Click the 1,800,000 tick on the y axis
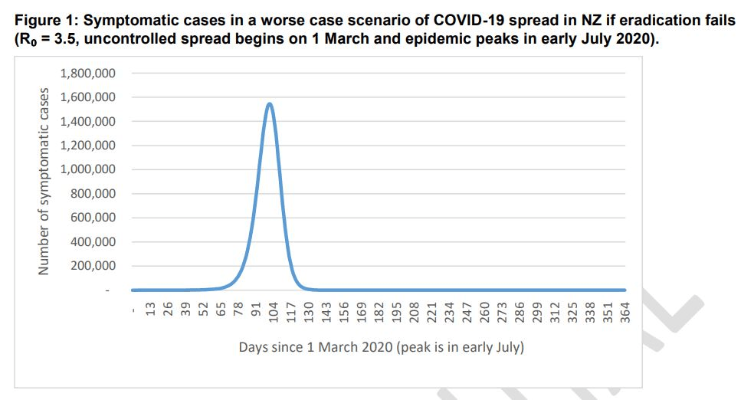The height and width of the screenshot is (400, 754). click(x=87, y=74)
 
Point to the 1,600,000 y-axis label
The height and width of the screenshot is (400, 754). click(x=87, y=97)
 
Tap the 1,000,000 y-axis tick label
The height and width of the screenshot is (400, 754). click(x=87, y=169)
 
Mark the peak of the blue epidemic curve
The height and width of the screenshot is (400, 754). click(x=269, y=103)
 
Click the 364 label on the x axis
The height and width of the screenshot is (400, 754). click(x=625, y=311)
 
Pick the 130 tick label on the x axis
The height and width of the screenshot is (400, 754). click(x=308, y=311)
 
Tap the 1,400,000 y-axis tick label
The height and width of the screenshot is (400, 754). click(x=87, y=122)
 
